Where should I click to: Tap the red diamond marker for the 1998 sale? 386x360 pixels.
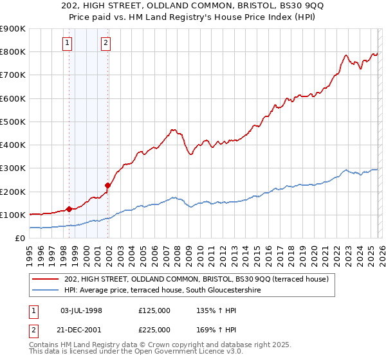[x=69, y=209]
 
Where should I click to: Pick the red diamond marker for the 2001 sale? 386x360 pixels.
[x=108, y=186]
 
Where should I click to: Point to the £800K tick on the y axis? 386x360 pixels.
[x=14, y=52]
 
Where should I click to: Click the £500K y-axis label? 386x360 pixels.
[x=14, y=122]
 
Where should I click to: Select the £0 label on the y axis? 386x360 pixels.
[x=19, y=238]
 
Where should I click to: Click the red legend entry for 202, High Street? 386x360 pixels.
[x=197, y=279]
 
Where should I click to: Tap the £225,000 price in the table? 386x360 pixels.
[x=154, y=329]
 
